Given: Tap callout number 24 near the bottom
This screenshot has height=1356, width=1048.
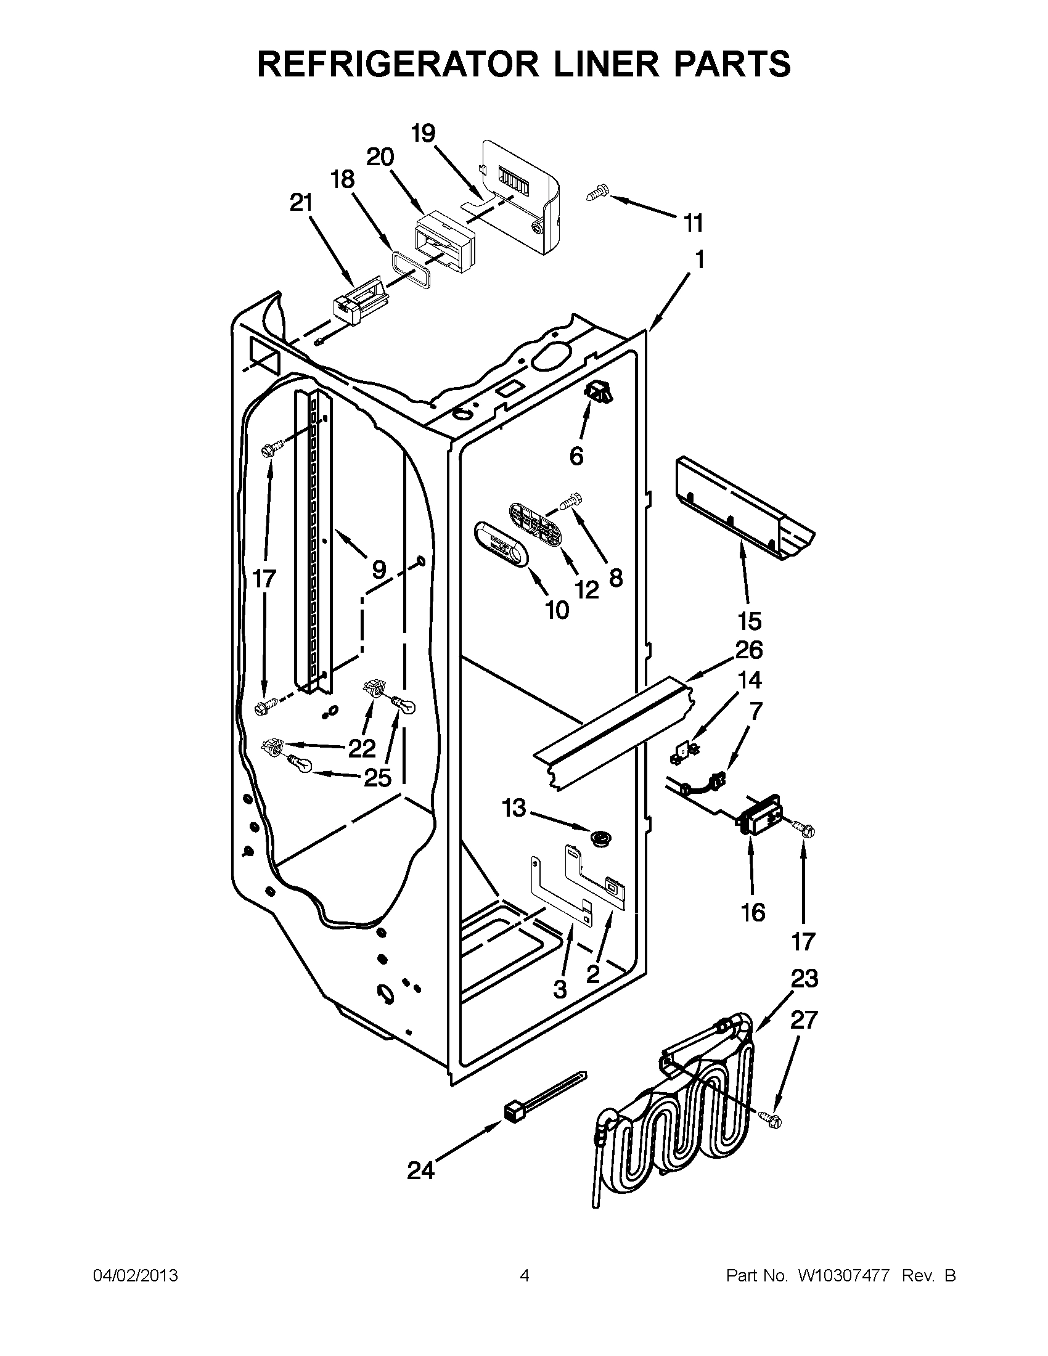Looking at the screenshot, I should pyautogui.click(x=420, y=1171).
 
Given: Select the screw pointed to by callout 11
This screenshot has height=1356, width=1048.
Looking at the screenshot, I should pyautogui.click(x=598, y=193).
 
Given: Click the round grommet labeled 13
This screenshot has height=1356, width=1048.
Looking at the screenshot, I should pyautogui.click(x=600, y=839).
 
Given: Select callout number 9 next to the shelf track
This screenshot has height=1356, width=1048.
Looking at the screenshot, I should pyautogui.click(x=379, y=569).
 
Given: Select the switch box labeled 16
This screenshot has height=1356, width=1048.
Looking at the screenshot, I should pyautogui.click(x=760, y=814).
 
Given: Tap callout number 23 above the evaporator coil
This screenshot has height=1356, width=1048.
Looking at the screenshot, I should pyautogui.click(x=804, y=979).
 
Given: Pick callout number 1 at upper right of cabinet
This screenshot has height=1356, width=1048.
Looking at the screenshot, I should pyautogui.click(x=699, y=260).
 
